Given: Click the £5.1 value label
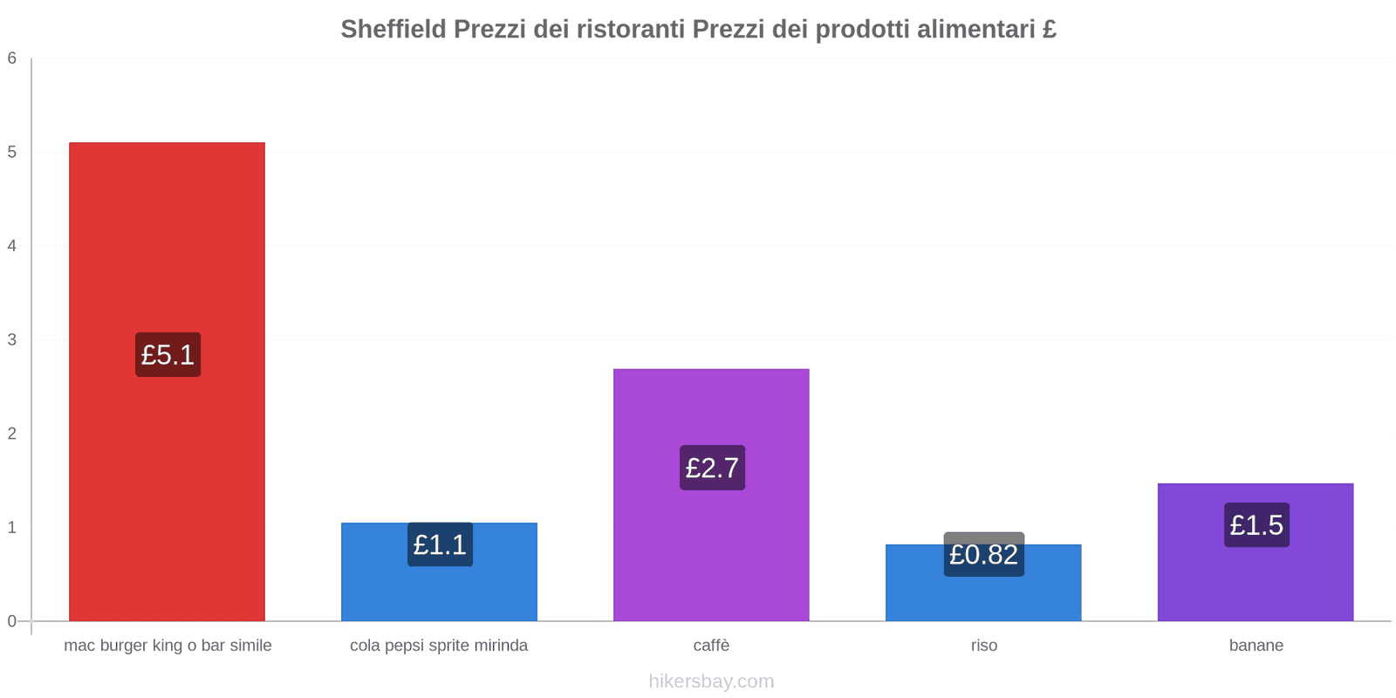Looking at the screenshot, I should click(x=168, y=355).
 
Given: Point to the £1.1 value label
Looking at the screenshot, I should click(x=440, y=544).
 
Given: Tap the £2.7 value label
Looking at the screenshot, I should click(x=712, y=468).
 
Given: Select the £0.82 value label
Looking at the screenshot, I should click(x=983, y=555).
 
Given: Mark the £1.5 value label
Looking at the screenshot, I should click(x=1256, y=525).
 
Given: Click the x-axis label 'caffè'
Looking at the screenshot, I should click(x=711, y=646).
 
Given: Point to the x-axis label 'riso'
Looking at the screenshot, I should click(x=983, y=646).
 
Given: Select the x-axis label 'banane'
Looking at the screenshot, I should click(x=1256, y=646).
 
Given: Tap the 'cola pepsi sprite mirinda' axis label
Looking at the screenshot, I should click(x=439, y=646).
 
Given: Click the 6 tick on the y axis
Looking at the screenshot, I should click(x=12, y=58).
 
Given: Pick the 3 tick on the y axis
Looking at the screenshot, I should click(x=12, y=339).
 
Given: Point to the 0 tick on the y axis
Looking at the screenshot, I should click(x=12, y=621).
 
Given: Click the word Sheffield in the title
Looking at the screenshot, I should click(x=393, y=29).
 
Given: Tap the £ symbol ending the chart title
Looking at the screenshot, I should click(x=1049, y=29).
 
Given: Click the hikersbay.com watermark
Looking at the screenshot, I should click(x=711, y=681).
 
